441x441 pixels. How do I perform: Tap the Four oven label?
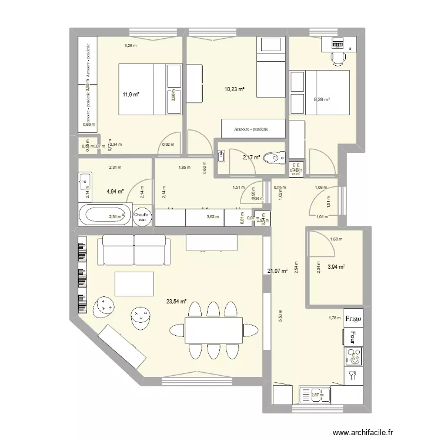353,337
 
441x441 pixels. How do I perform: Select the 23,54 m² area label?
176,302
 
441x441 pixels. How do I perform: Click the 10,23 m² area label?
234,89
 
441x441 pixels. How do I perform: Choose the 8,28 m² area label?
322,99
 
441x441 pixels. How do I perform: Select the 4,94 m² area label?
115,191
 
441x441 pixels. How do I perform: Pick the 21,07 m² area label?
277,271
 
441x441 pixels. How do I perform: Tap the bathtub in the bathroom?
105,215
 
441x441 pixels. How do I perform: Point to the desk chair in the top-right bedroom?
338,58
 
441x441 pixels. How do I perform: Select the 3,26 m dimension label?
130,45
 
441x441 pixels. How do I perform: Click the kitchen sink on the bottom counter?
316,395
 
